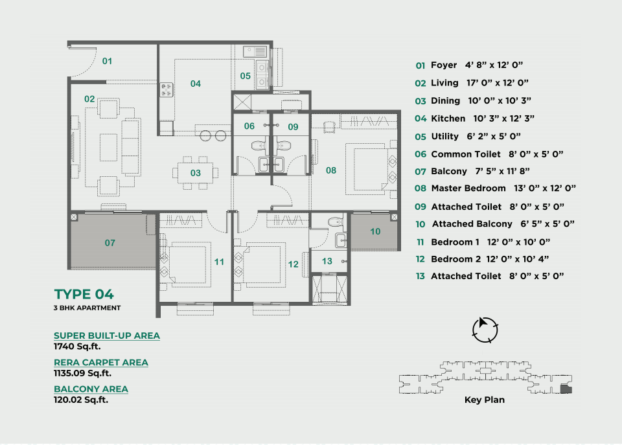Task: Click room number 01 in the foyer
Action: (107, 61)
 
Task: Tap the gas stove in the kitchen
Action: (167, 89)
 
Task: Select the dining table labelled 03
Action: (195, 173)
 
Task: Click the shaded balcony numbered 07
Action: (113, 240)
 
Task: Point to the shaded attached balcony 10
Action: (374, 231)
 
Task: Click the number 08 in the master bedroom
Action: (331, 170)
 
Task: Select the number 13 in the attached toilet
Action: (327, 261)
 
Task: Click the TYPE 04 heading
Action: (84, 294)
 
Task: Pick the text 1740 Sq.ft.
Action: (77, 347)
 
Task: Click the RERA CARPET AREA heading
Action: (101, 363)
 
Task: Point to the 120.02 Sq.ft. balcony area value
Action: (81, 400)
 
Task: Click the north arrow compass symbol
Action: (485, 330)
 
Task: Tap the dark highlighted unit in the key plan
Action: (566, 389)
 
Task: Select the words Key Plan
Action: (485, 400)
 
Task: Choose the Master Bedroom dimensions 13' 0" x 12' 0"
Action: (545, 188)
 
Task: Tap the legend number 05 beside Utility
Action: (420, 137)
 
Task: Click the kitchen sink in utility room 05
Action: (255, 52)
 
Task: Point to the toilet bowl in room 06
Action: (258, 145)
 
